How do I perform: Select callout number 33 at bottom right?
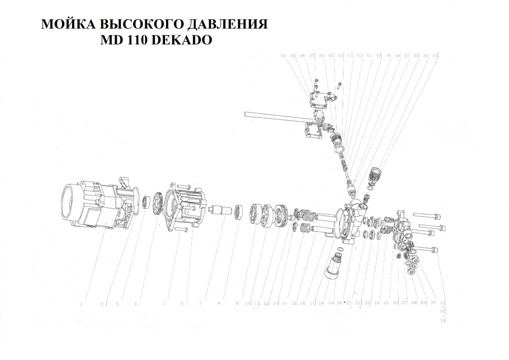tap(443, 321)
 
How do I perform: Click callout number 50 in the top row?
tap(283, 56)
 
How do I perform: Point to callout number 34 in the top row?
tap(435, 56)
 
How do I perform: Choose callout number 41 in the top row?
tap(369, 56)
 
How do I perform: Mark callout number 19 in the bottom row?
tap(330, 303)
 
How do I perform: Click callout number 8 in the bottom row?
tap(218, 303)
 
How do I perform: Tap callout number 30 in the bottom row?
tap(433, 303)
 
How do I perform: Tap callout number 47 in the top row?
tap(312, 56)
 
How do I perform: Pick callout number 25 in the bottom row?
tap(386, 303)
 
